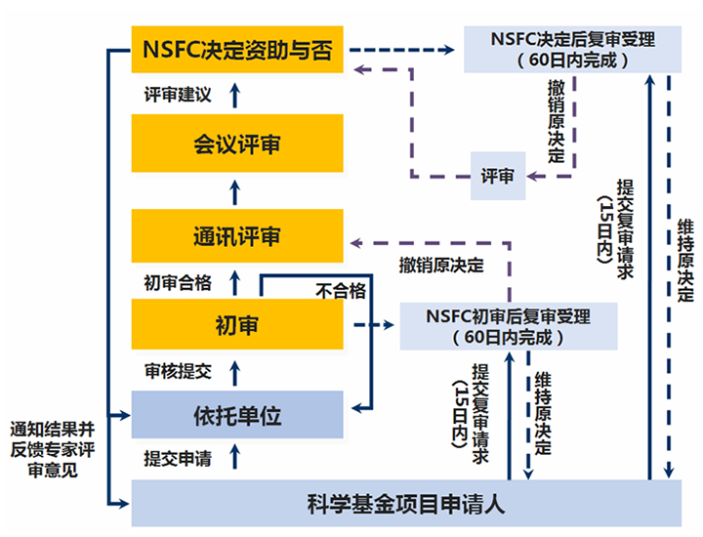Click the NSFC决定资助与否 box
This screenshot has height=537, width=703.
click(x=237, y=50)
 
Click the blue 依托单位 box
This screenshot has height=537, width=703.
click(x=237, y=416)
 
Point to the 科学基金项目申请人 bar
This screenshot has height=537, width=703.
click(x=405, y=505)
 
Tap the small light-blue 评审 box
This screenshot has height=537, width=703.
click(x=498, y=177)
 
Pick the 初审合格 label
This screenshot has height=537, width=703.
click(x=177, y=283)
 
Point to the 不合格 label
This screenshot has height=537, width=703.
click(x=341, y=290)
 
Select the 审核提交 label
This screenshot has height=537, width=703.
click(x=177, y=371)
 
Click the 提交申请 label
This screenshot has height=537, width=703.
click(x=177, y=459)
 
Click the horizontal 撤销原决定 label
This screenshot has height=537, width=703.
click(x=440, y=265)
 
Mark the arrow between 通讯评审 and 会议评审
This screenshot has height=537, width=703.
click(x=232, y=189)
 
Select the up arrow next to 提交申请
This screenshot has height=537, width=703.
click(x=232, y=458)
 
